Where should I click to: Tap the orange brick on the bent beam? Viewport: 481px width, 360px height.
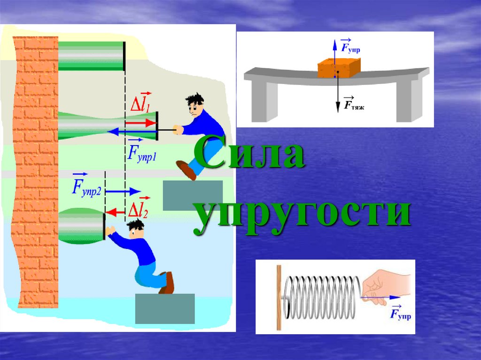click(338, 68)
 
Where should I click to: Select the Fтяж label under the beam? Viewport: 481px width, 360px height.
click(353, 104)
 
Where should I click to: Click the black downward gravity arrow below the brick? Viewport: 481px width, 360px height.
click(338, 92)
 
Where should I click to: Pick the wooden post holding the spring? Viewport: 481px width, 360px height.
click(279, 298)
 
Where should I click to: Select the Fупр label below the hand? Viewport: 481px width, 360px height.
click(400, 313)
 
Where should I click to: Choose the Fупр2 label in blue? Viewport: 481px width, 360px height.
click(86, 186)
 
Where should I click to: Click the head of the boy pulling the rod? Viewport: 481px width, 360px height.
click(195, 105)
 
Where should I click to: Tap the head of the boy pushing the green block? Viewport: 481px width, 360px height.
click(135, 229)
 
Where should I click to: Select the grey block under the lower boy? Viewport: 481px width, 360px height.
click(165, 308)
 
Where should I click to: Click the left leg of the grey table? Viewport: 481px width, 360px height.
click(264, 101)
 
